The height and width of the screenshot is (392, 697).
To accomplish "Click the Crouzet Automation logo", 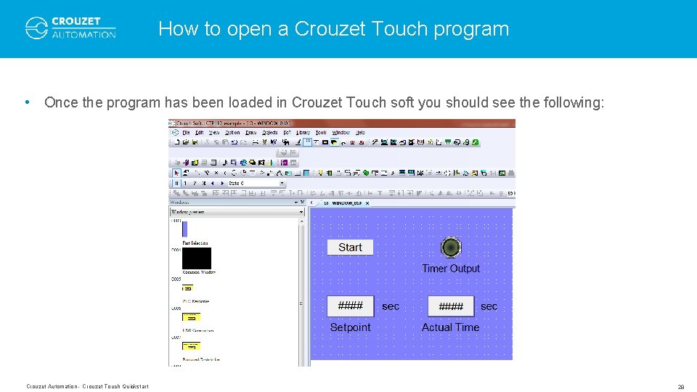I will pos(70,28).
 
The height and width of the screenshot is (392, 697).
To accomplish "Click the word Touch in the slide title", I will pos(399,29).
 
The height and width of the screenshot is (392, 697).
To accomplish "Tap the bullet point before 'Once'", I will pos(27,102).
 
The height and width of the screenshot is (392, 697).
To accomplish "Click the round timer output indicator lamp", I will pos(451,248).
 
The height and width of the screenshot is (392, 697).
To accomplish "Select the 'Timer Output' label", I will pos(451,269).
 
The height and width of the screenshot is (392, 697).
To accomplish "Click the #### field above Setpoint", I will pos(350,306).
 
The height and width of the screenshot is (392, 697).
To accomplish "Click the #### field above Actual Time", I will pos(451,306).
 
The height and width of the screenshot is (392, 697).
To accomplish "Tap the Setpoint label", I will pos(350,327).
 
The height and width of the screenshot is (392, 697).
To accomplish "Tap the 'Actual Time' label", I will pos(450,327).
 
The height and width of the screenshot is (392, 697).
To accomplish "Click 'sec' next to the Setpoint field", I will pos(391,306).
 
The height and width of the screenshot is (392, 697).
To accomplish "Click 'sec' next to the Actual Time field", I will pos(489,306).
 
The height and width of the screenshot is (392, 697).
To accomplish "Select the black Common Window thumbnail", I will pos(197,258).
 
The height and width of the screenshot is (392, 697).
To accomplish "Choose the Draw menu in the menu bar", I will pos(251,133).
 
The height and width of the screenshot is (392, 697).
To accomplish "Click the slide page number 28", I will pos(680,387).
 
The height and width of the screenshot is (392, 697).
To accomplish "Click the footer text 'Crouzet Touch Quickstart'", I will pos(115,386).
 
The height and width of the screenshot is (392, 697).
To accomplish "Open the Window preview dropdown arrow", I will pos(301,212).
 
